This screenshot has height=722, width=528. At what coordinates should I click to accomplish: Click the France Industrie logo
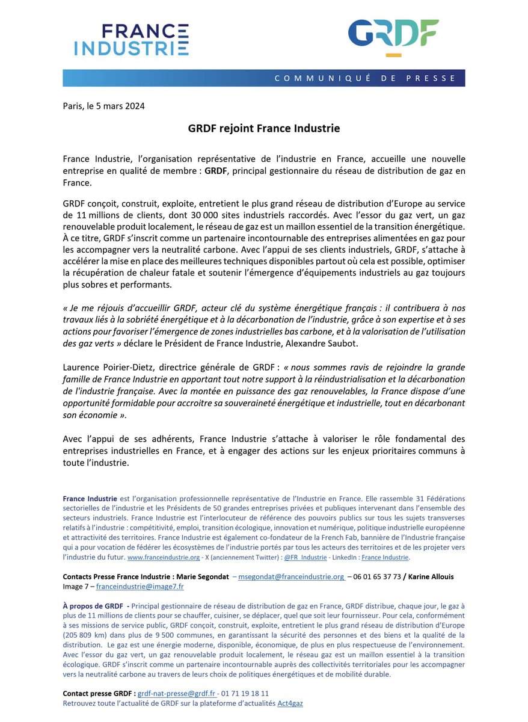click(x=131, y=40)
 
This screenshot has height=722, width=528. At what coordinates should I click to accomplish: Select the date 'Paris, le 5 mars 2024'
click(x=103, y=106)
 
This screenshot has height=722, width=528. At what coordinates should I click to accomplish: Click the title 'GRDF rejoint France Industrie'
click(x=264, y=129)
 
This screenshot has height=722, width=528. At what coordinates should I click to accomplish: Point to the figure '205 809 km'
click(x=85, y=635)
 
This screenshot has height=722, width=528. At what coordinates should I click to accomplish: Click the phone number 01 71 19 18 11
click(x=245, y=694)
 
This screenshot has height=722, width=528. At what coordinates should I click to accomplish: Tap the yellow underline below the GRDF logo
click(x=393, y=55)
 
